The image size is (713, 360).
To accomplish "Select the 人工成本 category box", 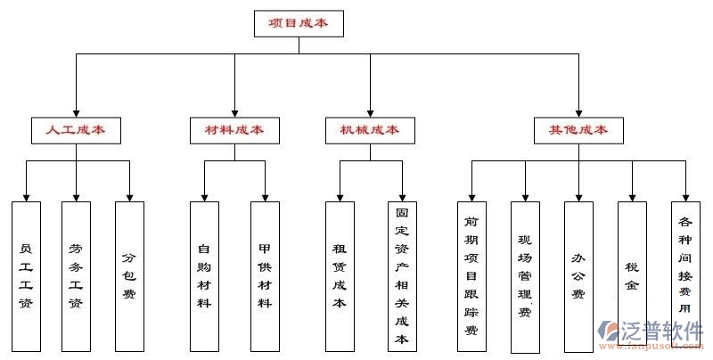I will [76, 130].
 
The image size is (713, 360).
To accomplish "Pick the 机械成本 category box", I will [369, 130].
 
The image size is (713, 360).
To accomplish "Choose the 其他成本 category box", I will [578, 130].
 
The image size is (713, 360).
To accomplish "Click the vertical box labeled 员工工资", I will [26, 275].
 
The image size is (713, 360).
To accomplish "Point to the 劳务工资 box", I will [76, 275].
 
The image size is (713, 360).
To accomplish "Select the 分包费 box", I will [129, 275].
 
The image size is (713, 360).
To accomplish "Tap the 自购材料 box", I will [204, 275].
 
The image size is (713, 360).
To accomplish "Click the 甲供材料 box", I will [265, 275].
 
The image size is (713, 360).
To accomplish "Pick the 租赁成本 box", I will [340, 275].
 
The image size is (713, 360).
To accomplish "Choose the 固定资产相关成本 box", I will [402, 275].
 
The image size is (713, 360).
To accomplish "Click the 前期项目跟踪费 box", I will [471, 275].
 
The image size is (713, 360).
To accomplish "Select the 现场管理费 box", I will [525, 275].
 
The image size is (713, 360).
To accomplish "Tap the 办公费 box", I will [578, 275].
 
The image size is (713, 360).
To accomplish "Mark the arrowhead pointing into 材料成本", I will [234, 111].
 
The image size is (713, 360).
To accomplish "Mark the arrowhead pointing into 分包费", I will [129, 195].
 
